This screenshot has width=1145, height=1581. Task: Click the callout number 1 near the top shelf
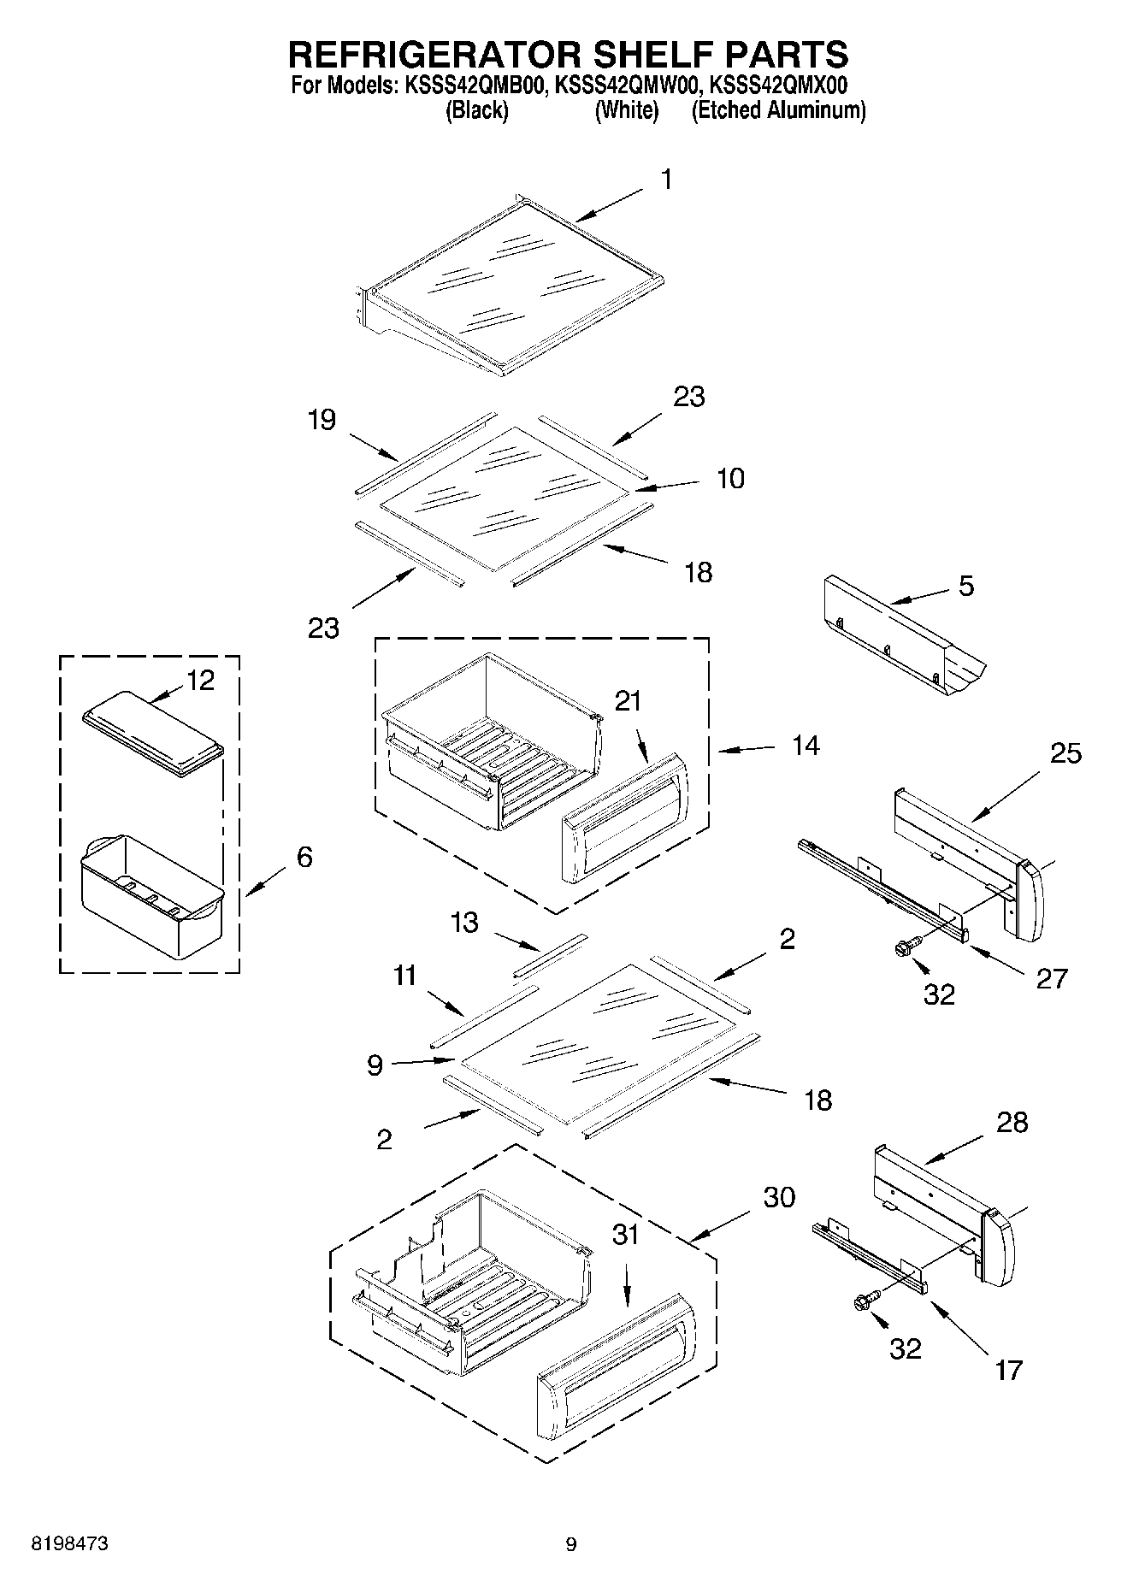click(666, 180)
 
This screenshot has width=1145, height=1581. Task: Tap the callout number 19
click(322, 420)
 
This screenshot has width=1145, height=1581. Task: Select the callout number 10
click(730, 478)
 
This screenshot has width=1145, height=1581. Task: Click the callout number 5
click(965, 586)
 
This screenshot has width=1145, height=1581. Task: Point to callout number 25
click(1065, 753)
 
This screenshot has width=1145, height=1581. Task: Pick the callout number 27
click(1052, 978)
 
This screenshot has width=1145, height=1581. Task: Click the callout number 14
click(806, 746)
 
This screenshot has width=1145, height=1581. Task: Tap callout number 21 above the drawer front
click(628, 701)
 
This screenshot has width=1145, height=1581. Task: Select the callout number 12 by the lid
click(200, 681)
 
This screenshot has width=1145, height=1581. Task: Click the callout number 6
click(304, 857)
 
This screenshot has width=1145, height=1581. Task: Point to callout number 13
click(464, 923)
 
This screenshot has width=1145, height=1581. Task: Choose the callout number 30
click(778, 1198)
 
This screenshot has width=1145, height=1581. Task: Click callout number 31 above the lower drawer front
click(625, 1235)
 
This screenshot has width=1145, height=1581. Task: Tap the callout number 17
click(1009, 1371)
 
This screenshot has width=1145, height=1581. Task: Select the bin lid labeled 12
click(154, 734)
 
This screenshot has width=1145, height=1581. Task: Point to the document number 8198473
click(69, 1544)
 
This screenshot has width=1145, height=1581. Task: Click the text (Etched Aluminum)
click(778, 110)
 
